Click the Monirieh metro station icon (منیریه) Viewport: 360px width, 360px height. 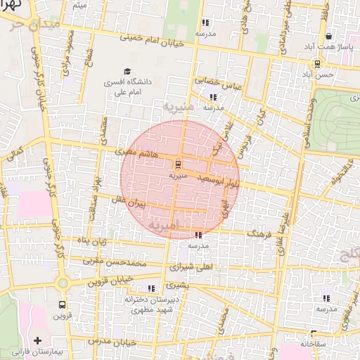(x=177, y=163)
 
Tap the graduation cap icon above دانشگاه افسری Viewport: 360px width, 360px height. (x=127, y=71)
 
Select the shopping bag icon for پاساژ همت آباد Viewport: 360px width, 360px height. (x=328, y=36)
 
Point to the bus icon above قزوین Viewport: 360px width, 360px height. (x=63, y=305)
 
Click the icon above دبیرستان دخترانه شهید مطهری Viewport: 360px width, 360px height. (x=151, y=288)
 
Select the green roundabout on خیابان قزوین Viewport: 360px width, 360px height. (x=63, y=283)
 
